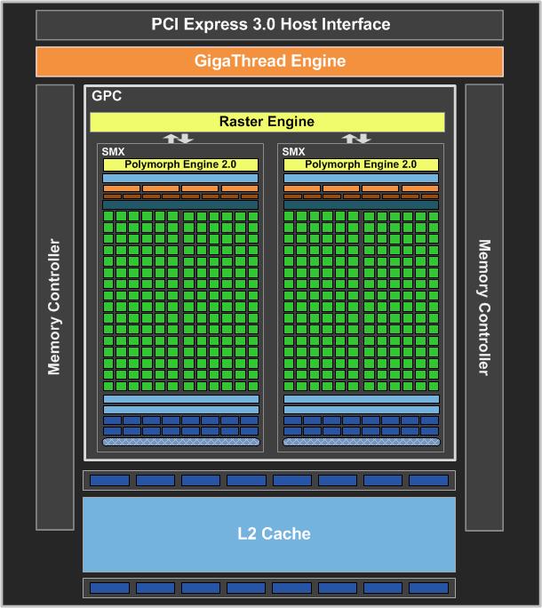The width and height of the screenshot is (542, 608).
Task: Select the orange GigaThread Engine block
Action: point(269,61)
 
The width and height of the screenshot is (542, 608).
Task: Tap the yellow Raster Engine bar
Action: point(267,122)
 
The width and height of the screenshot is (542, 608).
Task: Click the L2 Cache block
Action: point(268,534)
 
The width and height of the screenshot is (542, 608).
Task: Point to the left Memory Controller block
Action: point(55,307)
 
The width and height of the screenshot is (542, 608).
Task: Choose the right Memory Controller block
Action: point(483,307)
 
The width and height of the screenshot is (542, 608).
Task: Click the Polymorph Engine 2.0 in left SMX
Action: point(180,164)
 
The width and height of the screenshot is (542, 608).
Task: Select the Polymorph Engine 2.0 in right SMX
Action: point(361,164)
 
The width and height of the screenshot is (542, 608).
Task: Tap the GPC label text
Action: point(106,96)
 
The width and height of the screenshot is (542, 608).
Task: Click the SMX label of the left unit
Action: point(113,152)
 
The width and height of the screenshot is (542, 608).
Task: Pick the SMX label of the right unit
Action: point(293,152)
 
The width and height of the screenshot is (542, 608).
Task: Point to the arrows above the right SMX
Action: point(356,138)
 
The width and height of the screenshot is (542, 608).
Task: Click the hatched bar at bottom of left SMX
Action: point(180,442)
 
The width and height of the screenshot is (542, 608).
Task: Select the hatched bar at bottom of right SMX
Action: point(361,442)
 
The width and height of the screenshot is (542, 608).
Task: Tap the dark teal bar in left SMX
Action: point(180,204)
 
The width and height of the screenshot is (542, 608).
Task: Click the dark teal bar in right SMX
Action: point(361,204)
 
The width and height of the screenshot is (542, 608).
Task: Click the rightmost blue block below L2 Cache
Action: point(428,588)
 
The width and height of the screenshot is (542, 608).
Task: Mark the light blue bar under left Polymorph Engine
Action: point(180,178)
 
